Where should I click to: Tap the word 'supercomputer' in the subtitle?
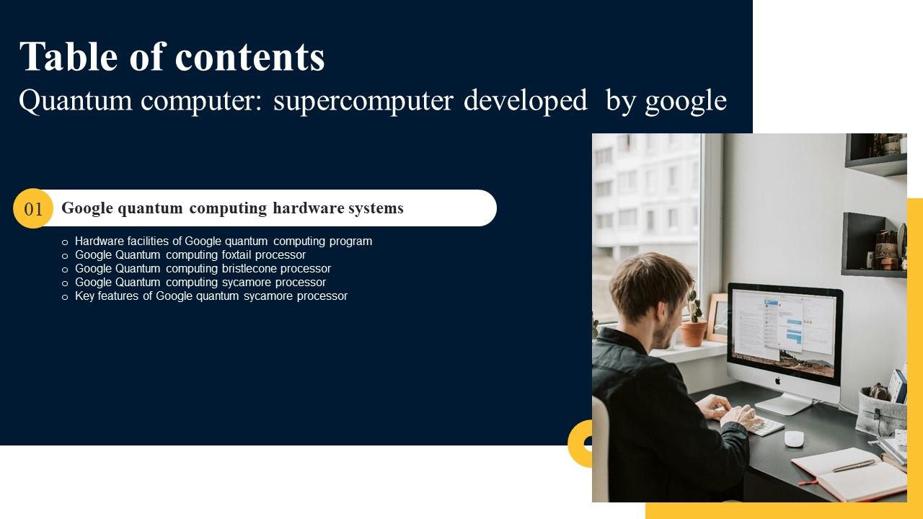click(x=363, y=101)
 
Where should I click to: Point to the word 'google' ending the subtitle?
click(x=686, y=102)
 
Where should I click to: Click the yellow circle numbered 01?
click(x=33, y=209)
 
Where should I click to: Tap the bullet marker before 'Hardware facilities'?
click(x=65, y=242)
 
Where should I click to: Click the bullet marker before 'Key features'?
click(x=65, y=297)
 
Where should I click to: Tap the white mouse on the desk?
click(x=794, y=438)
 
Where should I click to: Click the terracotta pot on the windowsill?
click(x=694, y=333)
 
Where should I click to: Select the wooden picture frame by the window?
click(x=717, y=318)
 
